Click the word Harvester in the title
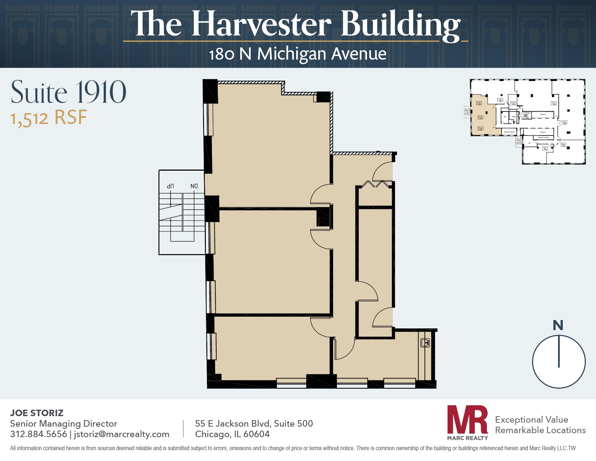coord(261,24)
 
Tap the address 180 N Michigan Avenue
coord(298,54)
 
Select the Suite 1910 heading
coord(69,92)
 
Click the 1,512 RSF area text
coord(49,118)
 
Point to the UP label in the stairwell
coord(170,186)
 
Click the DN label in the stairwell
coord(194,186)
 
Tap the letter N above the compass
coord(558,325)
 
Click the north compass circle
coord(559,362)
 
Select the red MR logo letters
coord(467,420)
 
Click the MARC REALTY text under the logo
coord(467,438)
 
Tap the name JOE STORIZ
coord(37,413)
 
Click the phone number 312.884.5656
coord(39,434)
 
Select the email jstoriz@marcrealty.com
coord(122,434)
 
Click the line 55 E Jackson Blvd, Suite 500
coord(254,423)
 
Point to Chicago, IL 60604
coord(232,434)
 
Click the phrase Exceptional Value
coord(531,419)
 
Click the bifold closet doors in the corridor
coord(376,184)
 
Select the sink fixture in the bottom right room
coord(425,343)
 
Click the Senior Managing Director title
coord(64,423)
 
